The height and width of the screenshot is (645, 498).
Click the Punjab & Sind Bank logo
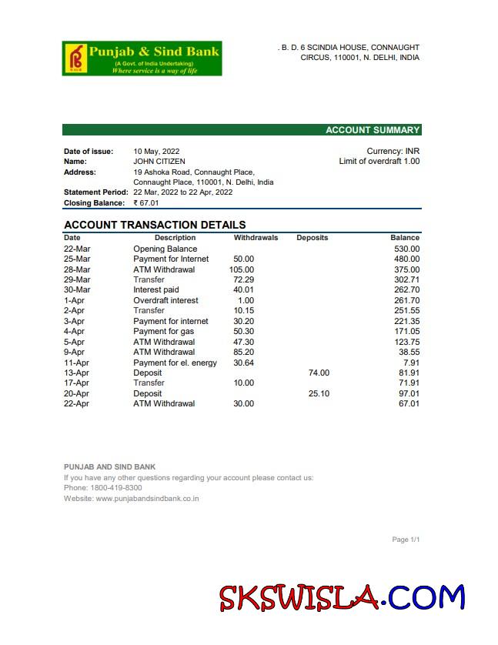pos(142,58)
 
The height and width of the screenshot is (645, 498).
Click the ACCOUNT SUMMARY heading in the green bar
pos(373,130)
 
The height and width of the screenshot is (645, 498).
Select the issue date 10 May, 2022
pos(156,152)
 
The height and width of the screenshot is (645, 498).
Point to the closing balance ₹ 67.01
pos(146,203)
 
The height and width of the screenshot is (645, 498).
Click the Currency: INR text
pos(393,152)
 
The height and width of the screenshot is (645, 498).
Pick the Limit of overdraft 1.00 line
pos(379,162)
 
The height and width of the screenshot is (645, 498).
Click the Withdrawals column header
pos(256,238)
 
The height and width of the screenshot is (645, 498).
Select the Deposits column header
pos(312,238)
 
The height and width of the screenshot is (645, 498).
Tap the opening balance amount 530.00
pos(406,249)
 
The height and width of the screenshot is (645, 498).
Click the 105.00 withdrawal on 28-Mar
pos(242,270)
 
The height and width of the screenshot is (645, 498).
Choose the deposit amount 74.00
pos(319,373)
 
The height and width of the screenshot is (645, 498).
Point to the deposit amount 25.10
pos(319,393)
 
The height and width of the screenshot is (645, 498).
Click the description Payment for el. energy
pos(175,363)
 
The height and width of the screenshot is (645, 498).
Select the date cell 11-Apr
pos(76,363)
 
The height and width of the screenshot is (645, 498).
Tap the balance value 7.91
pos(411,363)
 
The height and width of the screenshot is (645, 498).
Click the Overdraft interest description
pos(165,301)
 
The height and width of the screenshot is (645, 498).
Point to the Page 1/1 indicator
pos(406,540)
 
